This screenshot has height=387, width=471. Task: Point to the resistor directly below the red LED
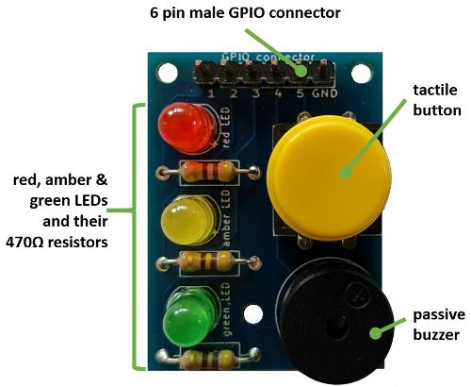click(207, 171)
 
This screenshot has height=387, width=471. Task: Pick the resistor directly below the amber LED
click(207, 262)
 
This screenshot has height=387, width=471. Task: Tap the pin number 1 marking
click(209, 93)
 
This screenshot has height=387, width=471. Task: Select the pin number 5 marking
click(300, 93)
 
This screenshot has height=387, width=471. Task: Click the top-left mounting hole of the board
click(167, 72)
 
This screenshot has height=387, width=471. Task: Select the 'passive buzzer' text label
click(436, 324)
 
